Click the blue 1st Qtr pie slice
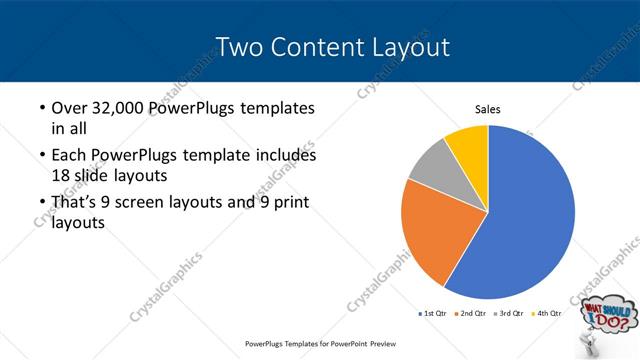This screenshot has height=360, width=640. [525, 215]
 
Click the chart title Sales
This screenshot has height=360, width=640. [487, 110]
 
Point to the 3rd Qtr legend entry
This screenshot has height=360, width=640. [510, 314]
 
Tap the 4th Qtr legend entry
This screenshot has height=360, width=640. [547, 314]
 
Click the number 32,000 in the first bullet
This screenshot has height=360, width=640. [114, 107]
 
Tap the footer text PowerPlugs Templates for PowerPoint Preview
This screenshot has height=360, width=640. [319, 343]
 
